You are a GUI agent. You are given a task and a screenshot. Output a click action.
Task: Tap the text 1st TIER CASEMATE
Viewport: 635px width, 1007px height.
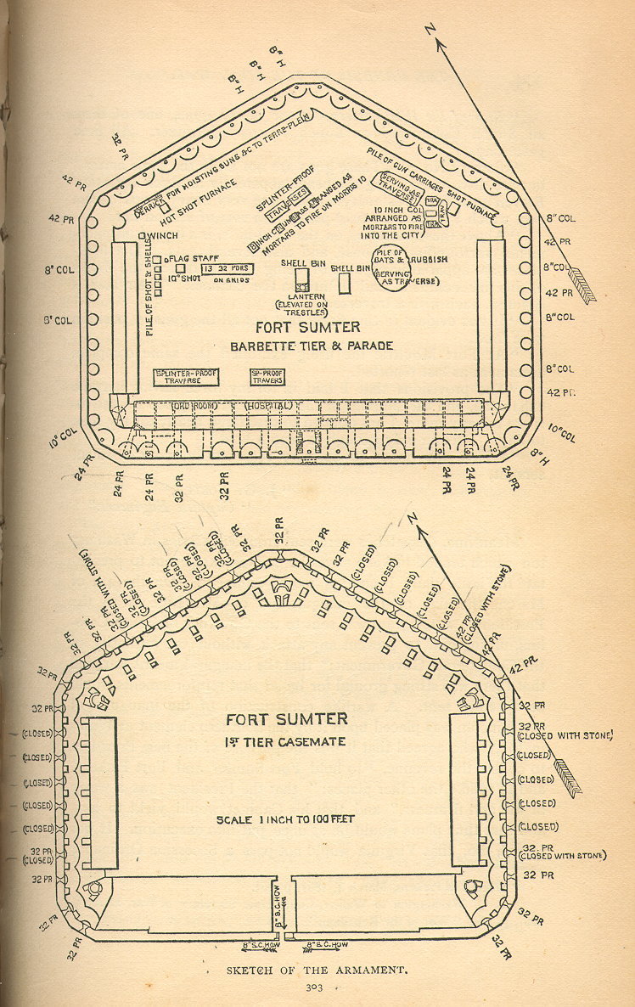(287, 742)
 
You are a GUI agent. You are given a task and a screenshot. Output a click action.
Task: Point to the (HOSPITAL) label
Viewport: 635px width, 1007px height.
(270, 406)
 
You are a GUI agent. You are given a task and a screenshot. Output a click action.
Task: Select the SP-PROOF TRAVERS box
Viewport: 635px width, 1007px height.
(267, 377)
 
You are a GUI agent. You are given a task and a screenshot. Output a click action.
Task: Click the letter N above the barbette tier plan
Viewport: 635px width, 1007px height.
(431, 30)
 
